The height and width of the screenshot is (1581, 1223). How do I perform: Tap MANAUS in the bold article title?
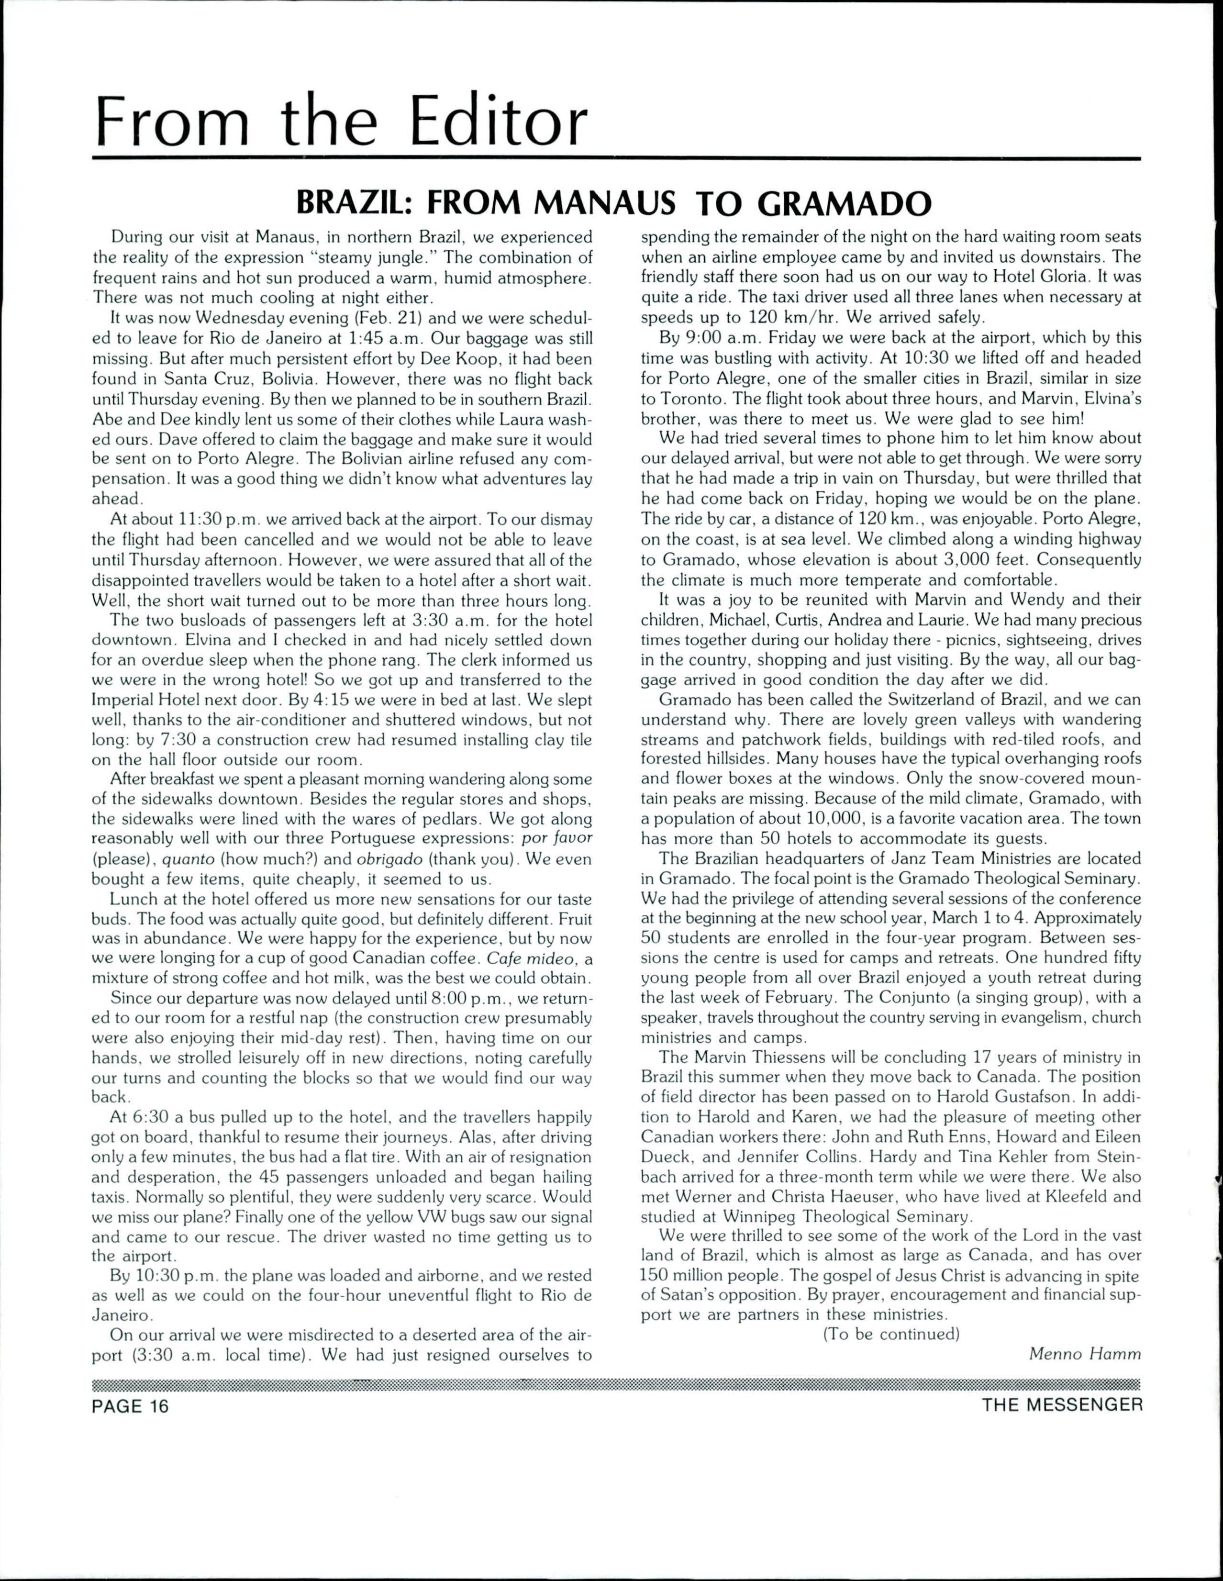tap(604, 204)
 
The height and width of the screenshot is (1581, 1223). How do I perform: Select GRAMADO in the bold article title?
tap(843, 204)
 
